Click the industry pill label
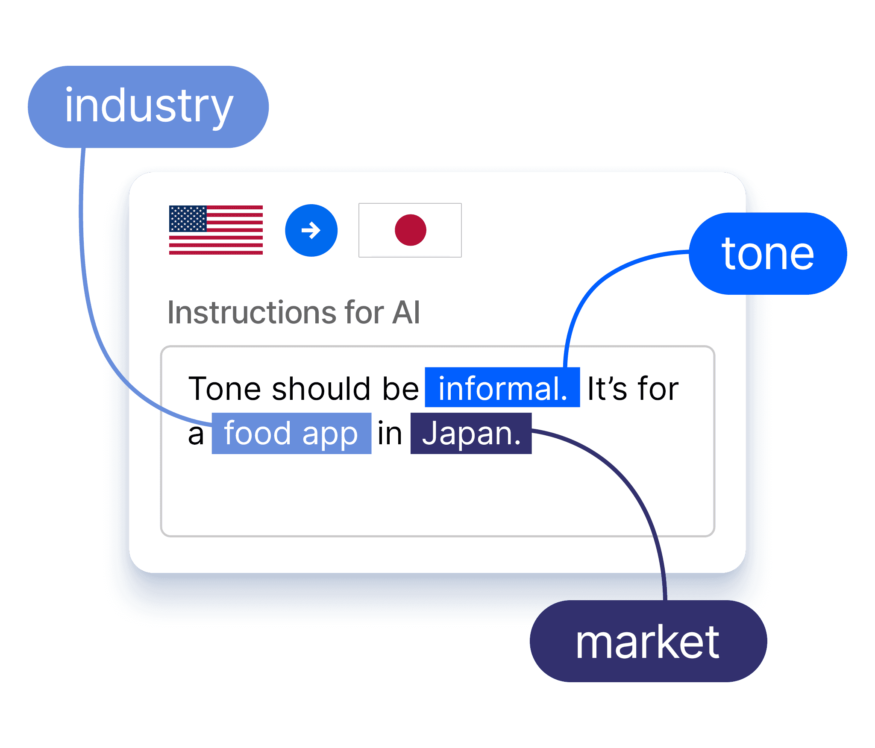[x=148, y=107]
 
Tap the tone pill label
[x=768, y=254]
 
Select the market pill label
[x=648, y=641]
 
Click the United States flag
[x=216, y=230]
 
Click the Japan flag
[x=410, y=230]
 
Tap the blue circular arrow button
[x=311, y=230]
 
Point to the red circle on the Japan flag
[x=410, y=230]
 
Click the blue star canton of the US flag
[x=188, y=219]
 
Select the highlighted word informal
[x=502, y=388]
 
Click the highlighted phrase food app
[x=291, y=434]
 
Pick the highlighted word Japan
[x=471, y=434]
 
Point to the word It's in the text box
[x=607, y=389]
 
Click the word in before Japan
[x=390, y=434]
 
